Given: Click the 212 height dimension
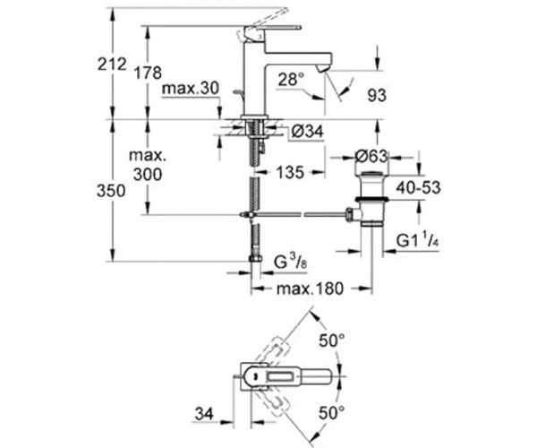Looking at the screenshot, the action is [x=112, y=65].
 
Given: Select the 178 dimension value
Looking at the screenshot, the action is [x=148, y=73].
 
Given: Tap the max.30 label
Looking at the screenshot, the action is [x=191, y=89].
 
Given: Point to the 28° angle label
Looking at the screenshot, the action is [x=291, y=79].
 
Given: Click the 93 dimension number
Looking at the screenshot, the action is [x=377, y=95].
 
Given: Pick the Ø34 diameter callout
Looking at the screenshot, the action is [x=307, y=132].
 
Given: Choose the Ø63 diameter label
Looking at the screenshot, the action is [x=371, y=157].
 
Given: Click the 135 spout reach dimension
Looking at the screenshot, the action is [x=290, y=172].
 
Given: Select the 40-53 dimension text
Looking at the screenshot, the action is [x=419, y=188].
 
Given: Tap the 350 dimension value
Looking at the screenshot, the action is [x=111, y=191].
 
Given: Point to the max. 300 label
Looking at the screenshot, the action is [x=148, y=165].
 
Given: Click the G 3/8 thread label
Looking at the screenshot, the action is [x=290, y=263].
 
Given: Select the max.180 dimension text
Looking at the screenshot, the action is [x=310, y=289].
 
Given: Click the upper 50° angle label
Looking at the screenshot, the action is [x=332, y=340].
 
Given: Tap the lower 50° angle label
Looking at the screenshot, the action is [x=332, y=413].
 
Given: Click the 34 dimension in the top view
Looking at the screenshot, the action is [x=204, y=414].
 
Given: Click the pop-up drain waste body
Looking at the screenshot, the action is [x=371, y=198].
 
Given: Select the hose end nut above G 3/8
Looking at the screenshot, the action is [x=255, y=258].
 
